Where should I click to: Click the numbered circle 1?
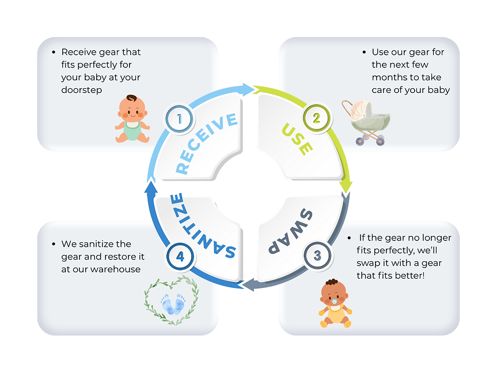179,120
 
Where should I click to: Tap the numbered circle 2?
316,118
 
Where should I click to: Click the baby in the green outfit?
132,118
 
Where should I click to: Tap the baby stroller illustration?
365,122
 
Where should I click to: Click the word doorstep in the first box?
82,90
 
